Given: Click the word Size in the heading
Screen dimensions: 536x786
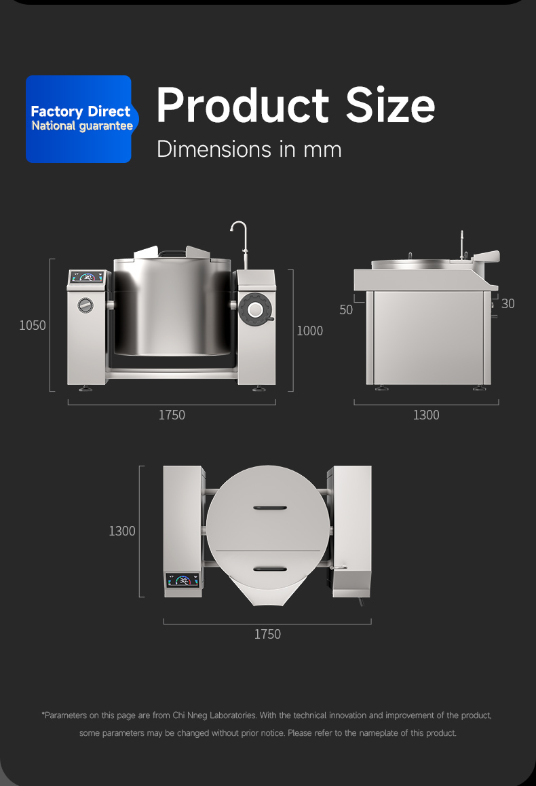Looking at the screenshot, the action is [x=390, y=105].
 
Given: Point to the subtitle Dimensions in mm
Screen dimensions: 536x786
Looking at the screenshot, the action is [x=249, y=149].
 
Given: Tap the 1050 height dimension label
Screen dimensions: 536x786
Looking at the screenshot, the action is [x=33, y=325].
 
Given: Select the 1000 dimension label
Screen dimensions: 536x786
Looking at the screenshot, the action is [x=309, y=331].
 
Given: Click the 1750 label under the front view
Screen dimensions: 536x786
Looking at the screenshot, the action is [x=172, y=415].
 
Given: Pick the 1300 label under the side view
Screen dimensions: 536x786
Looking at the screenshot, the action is [x=426, y=415].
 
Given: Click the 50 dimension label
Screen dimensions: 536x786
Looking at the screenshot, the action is [x=346, y=310].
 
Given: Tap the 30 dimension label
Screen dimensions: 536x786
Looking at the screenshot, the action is [x=508, y=304].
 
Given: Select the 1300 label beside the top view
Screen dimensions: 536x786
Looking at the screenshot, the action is [x=122, y=531].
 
